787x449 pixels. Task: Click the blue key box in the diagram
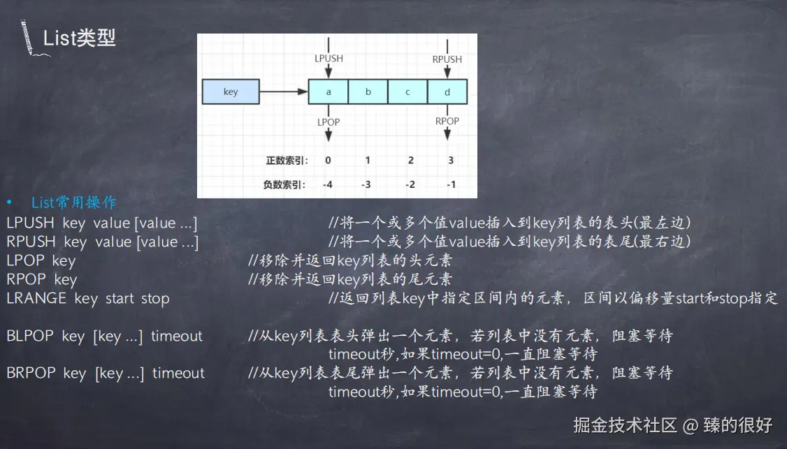[x=231, y=91]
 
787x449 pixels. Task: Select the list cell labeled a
[x=328, y=91]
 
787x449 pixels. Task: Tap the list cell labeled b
[x=368, y=91]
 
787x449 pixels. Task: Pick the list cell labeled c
[x=407, y=91]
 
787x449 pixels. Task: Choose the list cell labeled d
[x=447, y=91]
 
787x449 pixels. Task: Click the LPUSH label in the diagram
[x=328, y=59]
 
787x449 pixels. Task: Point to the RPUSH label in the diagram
[x=447, y=59]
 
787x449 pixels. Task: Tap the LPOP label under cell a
[x=328, y=122]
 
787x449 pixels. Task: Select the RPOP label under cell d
[x=447, y=121]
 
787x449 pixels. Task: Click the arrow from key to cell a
[x=284, y=91]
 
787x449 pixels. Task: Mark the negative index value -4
[x=327, y=184]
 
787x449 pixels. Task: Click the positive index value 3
[x=451, y=160]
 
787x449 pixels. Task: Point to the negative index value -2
[x=410, y=184]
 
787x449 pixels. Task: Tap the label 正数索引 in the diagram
[x=287, y=160]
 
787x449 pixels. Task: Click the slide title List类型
[x=79, y=38]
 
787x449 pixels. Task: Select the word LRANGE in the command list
[x=36, y=298]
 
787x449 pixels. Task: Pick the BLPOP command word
[x=30, y=336]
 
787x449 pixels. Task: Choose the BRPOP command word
[x=31, y=373]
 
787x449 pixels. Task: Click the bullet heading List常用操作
[x=74, y=203]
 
